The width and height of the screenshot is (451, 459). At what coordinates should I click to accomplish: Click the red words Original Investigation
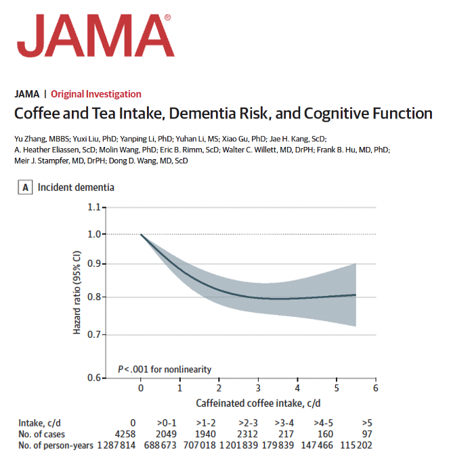(x=96, y=94)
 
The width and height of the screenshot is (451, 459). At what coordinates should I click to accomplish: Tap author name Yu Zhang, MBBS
(x=41, y=138)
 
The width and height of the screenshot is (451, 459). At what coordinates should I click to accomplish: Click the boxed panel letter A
(x=26, y=188)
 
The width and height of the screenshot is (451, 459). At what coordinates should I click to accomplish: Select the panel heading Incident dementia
(x=76, y=188)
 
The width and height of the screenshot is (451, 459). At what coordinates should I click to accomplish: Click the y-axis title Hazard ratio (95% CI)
(x=77, y=292)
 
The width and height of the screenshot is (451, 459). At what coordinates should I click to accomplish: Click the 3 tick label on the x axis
(x=258, y=389)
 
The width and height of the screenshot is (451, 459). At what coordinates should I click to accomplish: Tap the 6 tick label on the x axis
(x=375, y=389)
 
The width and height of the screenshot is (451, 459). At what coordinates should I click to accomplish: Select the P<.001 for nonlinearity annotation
(x=165, y=369)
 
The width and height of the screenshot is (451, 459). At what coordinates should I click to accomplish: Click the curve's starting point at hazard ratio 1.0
(x=141, y=234)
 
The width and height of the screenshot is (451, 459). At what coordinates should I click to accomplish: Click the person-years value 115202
(x=356, y=445)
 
